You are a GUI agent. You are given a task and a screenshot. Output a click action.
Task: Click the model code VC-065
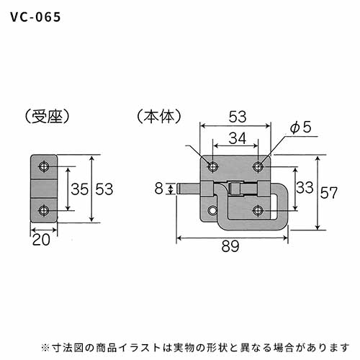click(35, 17)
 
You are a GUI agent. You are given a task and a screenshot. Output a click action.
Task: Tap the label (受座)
click(48, 117)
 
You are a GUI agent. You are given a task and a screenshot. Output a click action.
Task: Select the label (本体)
click(159, 117)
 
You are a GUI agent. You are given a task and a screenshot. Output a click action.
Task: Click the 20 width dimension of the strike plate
click(41, 240)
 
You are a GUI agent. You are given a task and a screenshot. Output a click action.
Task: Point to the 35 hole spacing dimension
click(80, 189)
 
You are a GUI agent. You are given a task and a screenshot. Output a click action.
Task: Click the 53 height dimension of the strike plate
click(104, 189)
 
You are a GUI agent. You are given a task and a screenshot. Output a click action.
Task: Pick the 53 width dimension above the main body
click(238, 117)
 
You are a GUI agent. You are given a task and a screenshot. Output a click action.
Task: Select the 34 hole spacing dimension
click(238, 138)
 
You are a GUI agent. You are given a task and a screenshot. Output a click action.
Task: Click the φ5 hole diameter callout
click(300, 127)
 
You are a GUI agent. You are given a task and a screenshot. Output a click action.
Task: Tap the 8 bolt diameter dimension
click(159, 189)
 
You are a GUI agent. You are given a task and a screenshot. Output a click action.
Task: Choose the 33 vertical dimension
click(305, 187)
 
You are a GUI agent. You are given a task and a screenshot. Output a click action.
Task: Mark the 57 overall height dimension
click(329, 193)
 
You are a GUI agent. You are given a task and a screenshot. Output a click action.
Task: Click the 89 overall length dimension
click(230, 246)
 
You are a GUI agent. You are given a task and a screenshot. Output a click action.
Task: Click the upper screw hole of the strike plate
click(44, 166)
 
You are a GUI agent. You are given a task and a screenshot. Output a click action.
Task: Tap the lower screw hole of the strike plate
click(44, 211)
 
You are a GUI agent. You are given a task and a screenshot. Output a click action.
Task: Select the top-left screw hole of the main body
click(212, 166)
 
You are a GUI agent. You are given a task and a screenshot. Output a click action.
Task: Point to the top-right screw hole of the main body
click(258, 166)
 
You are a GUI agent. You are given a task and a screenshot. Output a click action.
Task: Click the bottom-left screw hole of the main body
click(212, 210)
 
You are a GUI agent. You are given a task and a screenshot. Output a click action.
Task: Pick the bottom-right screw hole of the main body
click(258, 210)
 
